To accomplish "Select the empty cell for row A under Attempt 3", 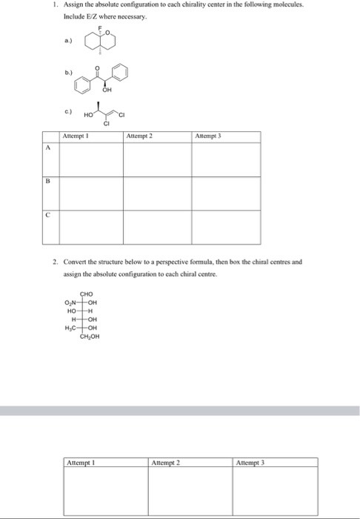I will tap(227, 159).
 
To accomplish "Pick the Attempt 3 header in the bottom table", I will tap(250, 463).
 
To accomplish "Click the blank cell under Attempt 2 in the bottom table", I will tap(190, 493).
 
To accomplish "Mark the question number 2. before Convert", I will tap(55, 262).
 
